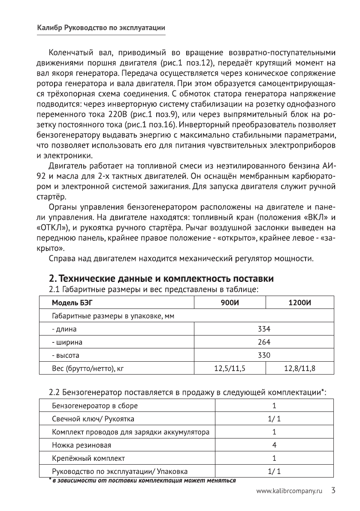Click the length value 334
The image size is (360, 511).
264,330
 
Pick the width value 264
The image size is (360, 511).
264,342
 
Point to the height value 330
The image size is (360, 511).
264,355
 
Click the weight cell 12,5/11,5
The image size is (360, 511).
230,368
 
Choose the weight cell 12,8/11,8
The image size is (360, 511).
299,368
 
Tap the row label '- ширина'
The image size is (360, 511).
67,342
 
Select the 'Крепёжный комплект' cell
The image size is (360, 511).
88,457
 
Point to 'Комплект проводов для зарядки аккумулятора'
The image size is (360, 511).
130,432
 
